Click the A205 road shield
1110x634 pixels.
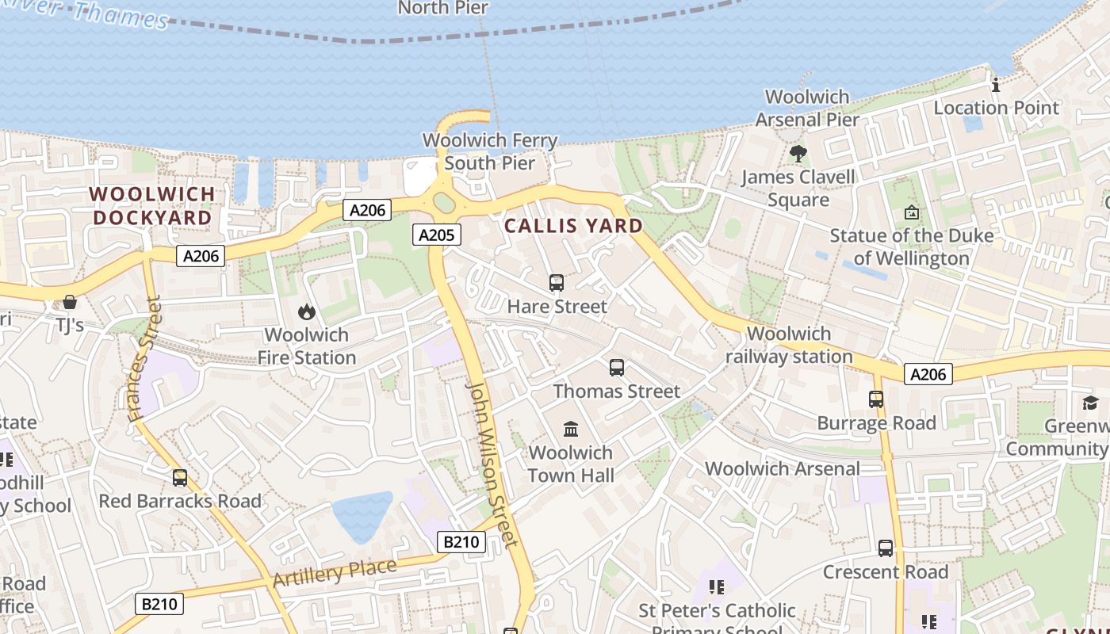[436, 235]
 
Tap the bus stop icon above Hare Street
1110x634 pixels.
[557, 283]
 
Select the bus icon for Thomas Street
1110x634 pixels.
[617, 368]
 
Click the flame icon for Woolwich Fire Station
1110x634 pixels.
[307, 311]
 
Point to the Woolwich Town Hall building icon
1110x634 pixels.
[570, 430]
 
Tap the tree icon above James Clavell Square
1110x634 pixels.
[798, 153]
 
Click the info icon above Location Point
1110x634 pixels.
[996, 85]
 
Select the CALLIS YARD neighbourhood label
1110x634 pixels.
[573, 226]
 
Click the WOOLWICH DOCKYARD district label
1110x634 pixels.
[152, 205]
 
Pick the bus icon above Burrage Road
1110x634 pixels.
[876, 399]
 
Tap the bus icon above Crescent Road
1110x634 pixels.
[885, 548]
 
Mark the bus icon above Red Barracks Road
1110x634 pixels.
[180, 478]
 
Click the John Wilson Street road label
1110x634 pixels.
[491, 463]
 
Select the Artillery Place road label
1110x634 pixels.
[334, 572]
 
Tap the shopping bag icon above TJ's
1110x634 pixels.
[70, 302]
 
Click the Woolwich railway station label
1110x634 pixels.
[789, 345]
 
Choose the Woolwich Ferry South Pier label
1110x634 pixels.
[490, 151]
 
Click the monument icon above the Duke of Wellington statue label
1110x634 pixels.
[912, 212]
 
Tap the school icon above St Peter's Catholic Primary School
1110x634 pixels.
[717, 587]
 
